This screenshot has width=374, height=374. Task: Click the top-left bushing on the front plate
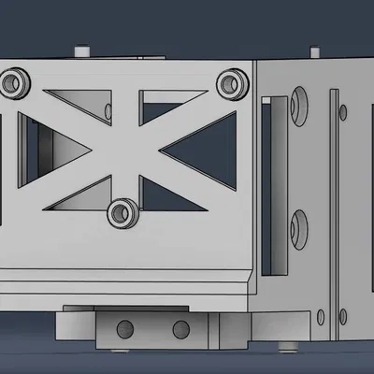tap(14, 85)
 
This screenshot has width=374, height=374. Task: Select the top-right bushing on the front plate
tap(230, 84)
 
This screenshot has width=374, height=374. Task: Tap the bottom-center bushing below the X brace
tap(122, 212)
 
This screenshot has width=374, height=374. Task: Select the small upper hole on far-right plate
tap(344, 112)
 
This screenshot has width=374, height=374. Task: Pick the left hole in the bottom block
tap(122, 327)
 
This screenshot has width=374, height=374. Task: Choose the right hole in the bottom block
tap(179, 328)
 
